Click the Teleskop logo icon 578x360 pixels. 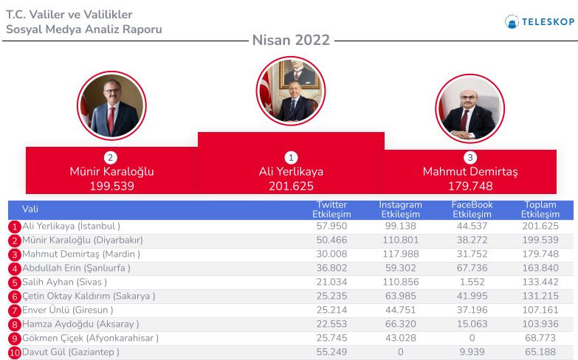tap(512, 21)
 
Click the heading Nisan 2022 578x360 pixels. tap(291, 40)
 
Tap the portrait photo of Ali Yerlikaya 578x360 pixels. tap(291, 91)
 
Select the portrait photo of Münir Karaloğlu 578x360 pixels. tap(111, 105)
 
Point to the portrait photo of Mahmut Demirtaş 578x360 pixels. tap(470, 108)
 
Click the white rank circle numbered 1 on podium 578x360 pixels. tap(291, 158)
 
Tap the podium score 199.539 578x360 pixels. tap(112, 186)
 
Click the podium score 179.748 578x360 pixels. tap(470, 186)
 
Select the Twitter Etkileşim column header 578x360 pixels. tap(331, 210)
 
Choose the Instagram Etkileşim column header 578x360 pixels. tap(400, 210)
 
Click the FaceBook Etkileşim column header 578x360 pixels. tap(472, 210)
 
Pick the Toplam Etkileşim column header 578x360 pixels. tap(540, 210)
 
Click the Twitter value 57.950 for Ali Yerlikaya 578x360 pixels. tap(331, 226)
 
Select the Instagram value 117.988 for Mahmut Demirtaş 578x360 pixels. tap(401, 254)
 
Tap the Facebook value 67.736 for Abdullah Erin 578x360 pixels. tap(472, 268)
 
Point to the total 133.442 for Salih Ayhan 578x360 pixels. tap(540, 282)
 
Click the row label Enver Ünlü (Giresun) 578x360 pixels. tap(67, 310)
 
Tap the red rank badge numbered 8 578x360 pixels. tap(14, 325)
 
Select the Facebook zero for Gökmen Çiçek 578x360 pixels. tap(472, 338)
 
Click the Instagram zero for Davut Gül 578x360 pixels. tap(401, 352)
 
